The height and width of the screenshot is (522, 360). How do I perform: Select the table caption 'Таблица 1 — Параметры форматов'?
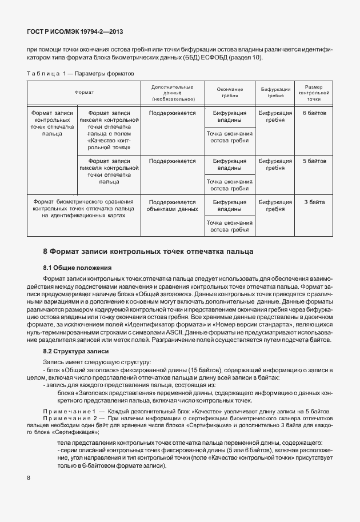(x=81, y=74)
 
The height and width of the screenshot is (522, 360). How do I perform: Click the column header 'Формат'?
(x=84, y=92)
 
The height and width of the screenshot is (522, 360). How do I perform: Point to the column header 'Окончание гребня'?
(x=229, y=92)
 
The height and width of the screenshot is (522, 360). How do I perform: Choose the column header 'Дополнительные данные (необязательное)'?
(x=172, y=92)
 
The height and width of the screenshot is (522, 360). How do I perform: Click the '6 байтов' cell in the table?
(x=314, y=113)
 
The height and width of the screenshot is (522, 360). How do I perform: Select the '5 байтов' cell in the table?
(x=314, y=161)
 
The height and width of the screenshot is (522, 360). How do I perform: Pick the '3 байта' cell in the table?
(x=314, y=202)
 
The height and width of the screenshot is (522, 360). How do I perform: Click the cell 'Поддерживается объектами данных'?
(x=172, y=206)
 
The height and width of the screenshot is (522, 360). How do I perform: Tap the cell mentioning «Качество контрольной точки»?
(x=109, y=130)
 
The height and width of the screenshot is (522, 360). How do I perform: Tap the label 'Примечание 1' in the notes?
(x=67, y=412)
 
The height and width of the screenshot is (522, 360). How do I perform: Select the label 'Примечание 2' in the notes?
(x=67, y=420)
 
